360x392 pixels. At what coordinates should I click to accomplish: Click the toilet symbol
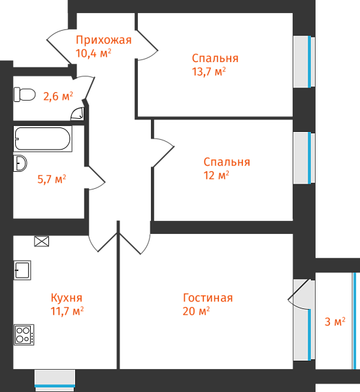tap(24, 95)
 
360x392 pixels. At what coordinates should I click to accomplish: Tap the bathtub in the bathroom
tap(42, 139)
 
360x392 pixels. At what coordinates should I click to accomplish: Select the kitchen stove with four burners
tap(24, 335)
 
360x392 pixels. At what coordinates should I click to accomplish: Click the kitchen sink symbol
tap(22, 270)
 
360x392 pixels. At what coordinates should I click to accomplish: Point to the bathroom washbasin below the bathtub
tap(20, 163)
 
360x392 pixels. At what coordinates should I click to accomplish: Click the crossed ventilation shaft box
tap(42, 242)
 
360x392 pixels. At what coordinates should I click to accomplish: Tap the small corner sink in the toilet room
tap(78, 114)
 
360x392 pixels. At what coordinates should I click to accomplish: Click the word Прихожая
tap(104, 40)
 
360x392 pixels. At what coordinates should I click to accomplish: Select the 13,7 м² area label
tap(209, 71)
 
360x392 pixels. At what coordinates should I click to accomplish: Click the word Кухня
tap(67, 298)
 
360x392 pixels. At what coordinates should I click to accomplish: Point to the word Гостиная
tap(208, 298)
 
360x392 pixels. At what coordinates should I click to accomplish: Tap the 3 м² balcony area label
tap(335, 321)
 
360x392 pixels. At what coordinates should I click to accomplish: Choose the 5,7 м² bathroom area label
tap(52, 179)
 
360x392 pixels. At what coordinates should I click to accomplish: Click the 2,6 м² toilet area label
tap(58, 96)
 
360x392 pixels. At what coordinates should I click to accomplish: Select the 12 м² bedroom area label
tap(216, 175)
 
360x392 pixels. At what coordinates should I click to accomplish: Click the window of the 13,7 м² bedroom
tap(304, 62)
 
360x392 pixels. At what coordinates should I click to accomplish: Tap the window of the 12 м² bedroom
tap(304, 158)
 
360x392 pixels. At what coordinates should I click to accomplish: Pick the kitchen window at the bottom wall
tap(55, 380)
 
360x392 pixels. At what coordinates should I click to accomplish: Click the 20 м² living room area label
tap(196, 311)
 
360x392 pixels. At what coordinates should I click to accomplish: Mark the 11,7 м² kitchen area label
tap(67, 311)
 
